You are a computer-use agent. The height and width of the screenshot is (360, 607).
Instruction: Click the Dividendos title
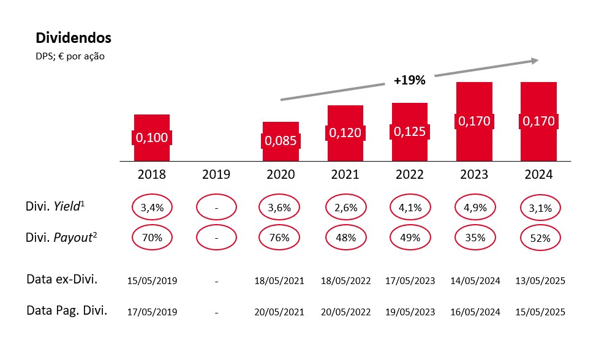(x=74, y=38)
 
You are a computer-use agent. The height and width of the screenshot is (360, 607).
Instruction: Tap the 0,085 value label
(x=281, y=141)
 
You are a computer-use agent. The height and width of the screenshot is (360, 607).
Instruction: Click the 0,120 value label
(x=345, y=133)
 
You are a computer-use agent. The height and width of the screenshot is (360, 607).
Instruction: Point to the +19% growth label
(x=410, y=80)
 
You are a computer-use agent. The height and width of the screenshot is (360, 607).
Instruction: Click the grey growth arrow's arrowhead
(x=535, y=60)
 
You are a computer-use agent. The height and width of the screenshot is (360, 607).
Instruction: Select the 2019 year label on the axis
(x=216, y=174)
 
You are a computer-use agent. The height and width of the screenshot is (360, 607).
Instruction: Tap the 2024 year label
(x=538, y=174)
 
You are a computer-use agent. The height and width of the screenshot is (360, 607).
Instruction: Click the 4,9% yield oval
(x=475, y=208)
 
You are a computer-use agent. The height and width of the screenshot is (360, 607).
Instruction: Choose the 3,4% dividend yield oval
(x=152, y=208)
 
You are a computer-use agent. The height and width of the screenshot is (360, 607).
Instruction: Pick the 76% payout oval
(x=281, y=238)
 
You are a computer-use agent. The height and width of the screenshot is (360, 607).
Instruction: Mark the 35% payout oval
(x=475, y=238)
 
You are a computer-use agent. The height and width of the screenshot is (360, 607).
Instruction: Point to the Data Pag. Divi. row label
(x=67, y=310)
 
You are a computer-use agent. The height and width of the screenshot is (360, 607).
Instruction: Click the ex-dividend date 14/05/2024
(x=474, y=281)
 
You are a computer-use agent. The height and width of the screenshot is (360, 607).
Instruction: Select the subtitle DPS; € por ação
(x=70, y=57)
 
